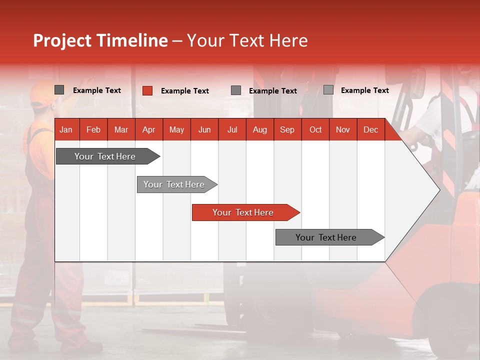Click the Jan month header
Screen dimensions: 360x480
coord(66,129)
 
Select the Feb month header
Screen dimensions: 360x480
coord(93,129)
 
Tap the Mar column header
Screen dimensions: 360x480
coord(121,129)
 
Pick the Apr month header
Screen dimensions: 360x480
coord(149,129)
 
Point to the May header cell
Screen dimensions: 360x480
coord(176,129)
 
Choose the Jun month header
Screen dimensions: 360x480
coord(204,129)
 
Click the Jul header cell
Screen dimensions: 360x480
coord(232,129)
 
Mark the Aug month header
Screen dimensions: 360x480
coord(260,129)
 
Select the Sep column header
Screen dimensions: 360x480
coord(287,129)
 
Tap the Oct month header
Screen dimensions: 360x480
coord(315,129)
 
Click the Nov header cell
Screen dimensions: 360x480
coord(343,129)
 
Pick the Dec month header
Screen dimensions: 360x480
coord(371,129)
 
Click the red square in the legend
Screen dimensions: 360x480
coord(147,90)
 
